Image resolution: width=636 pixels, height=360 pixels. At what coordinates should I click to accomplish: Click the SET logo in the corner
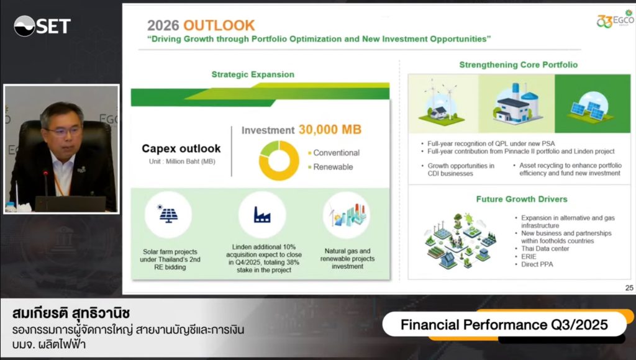point(42,26)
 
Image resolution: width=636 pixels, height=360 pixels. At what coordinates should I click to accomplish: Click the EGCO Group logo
point(615,19)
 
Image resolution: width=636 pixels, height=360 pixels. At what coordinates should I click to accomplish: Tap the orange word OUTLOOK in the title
point(219,25)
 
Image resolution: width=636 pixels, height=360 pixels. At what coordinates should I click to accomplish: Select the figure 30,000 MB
point(330,129)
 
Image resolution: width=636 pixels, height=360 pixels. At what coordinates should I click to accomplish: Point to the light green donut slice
point(269,148)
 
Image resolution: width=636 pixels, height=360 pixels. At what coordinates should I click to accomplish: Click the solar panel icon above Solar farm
point(168,214)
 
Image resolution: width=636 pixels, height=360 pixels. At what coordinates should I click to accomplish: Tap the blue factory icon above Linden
point(262,215)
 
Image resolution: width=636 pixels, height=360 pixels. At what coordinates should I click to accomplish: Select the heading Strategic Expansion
point(253,74)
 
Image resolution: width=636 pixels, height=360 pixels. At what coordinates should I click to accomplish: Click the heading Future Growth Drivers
point(522,199)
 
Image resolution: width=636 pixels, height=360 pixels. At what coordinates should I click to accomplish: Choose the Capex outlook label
point(181,148)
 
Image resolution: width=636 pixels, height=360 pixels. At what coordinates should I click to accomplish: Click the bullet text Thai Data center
point(545,248)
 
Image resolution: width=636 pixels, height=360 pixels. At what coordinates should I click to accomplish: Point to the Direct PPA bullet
point(537,264)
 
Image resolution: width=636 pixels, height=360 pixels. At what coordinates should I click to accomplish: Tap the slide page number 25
point(629,288)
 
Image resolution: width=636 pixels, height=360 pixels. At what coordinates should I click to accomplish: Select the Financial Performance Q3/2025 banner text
point(504,325)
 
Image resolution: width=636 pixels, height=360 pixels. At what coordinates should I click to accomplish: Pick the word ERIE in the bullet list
point(529,256)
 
